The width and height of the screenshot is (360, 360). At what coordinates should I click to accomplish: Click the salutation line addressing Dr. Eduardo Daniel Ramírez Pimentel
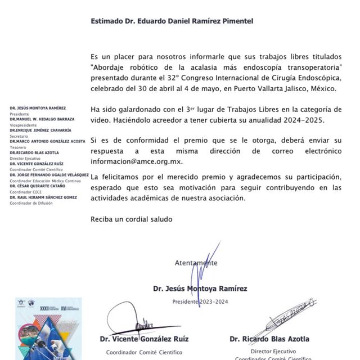click(172, 21)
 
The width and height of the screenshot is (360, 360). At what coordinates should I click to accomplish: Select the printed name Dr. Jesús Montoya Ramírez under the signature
click(200, 289)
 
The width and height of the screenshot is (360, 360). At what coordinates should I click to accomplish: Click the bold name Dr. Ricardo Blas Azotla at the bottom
click(269, 339)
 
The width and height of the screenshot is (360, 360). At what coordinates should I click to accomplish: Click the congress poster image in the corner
click(48, 328)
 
